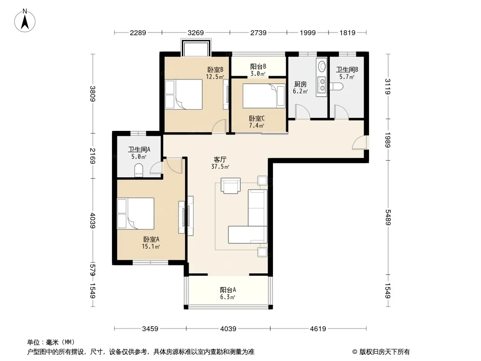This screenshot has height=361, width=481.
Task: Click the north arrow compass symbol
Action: (25, 21)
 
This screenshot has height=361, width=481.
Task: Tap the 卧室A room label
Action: (151, 239)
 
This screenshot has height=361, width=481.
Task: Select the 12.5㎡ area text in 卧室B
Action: (215, 77)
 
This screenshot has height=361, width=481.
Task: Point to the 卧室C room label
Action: (257, 118)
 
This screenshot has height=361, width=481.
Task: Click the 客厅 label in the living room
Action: (220, 159)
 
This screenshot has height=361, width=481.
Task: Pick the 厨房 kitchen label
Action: (301, 84)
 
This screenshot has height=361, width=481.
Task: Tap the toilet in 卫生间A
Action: (139, 171)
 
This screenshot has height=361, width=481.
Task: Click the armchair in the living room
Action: (231, 185)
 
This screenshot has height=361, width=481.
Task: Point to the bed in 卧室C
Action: (264, 96)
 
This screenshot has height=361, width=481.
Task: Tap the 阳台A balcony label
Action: (228, 290)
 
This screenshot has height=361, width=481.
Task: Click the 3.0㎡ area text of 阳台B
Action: (258, 74)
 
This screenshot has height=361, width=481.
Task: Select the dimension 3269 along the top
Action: (195, 32)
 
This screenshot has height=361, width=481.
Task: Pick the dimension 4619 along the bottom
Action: (318, 329)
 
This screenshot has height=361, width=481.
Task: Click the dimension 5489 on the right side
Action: (388, 217)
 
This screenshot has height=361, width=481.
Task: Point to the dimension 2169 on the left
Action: (93, 156)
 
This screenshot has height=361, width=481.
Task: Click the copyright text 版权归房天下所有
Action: (384, 352)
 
